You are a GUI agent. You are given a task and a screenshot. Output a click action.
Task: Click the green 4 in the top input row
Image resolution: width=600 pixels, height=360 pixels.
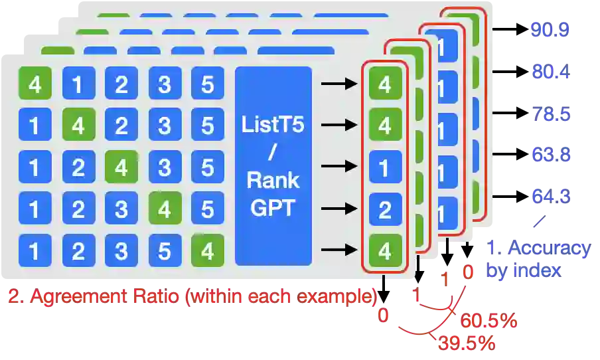click(x=35, y=84)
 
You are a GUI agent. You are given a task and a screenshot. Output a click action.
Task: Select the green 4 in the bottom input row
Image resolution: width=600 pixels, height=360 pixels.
click(x=208, y=252)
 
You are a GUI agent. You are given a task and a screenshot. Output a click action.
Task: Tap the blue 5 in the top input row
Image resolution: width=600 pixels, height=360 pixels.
click(x=208, y=84)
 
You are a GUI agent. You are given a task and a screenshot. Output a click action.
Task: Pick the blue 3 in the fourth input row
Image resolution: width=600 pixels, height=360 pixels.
click(x=121, y=210)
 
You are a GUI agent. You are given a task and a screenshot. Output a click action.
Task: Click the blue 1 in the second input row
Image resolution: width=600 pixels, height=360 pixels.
click(x=35, y=126)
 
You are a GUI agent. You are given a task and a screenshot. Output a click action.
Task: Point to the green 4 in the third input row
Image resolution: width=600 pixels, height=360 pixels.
click(x=121, y=167)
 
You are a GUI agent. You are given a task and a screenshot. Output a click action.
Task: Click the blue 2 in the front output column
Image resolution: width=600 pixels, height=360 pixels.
click(x=384, y=210)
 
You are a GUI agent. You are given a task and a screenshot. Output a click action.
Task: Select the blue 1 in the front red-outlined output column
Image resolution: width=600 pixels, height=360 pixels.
click(x=384, y=167)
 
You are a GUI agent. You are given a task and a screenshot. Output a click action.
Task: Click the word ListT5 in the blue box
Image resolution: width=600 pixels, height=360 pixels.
click(x=273, y=124)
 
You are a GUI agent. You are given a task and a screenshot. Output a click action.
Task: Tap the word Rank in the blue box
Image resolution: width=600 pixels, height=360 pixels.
click(x=273, y=180)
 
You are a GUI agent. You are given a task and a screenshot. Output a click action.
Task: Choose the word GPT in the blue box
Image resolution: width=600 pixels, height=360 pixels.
click(x=273, y=207)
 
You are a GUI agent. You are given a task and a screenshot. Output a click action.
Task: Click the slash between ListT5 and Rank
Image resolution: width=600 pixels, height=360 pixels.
click(x=273, y=152)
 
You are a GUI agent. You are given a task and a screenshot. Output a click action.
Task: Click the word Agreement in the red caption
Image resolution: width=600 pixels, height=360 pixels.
click(x=72, y=296)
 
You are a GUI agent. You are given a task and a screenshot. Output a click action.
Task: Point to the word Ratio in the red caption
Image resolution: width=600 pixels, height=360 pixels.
click(x=153, y=296)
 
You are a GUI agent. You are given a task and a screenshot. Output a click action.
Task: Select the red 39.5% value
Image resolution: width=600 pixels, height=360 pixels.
click(x=465, y=343)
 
